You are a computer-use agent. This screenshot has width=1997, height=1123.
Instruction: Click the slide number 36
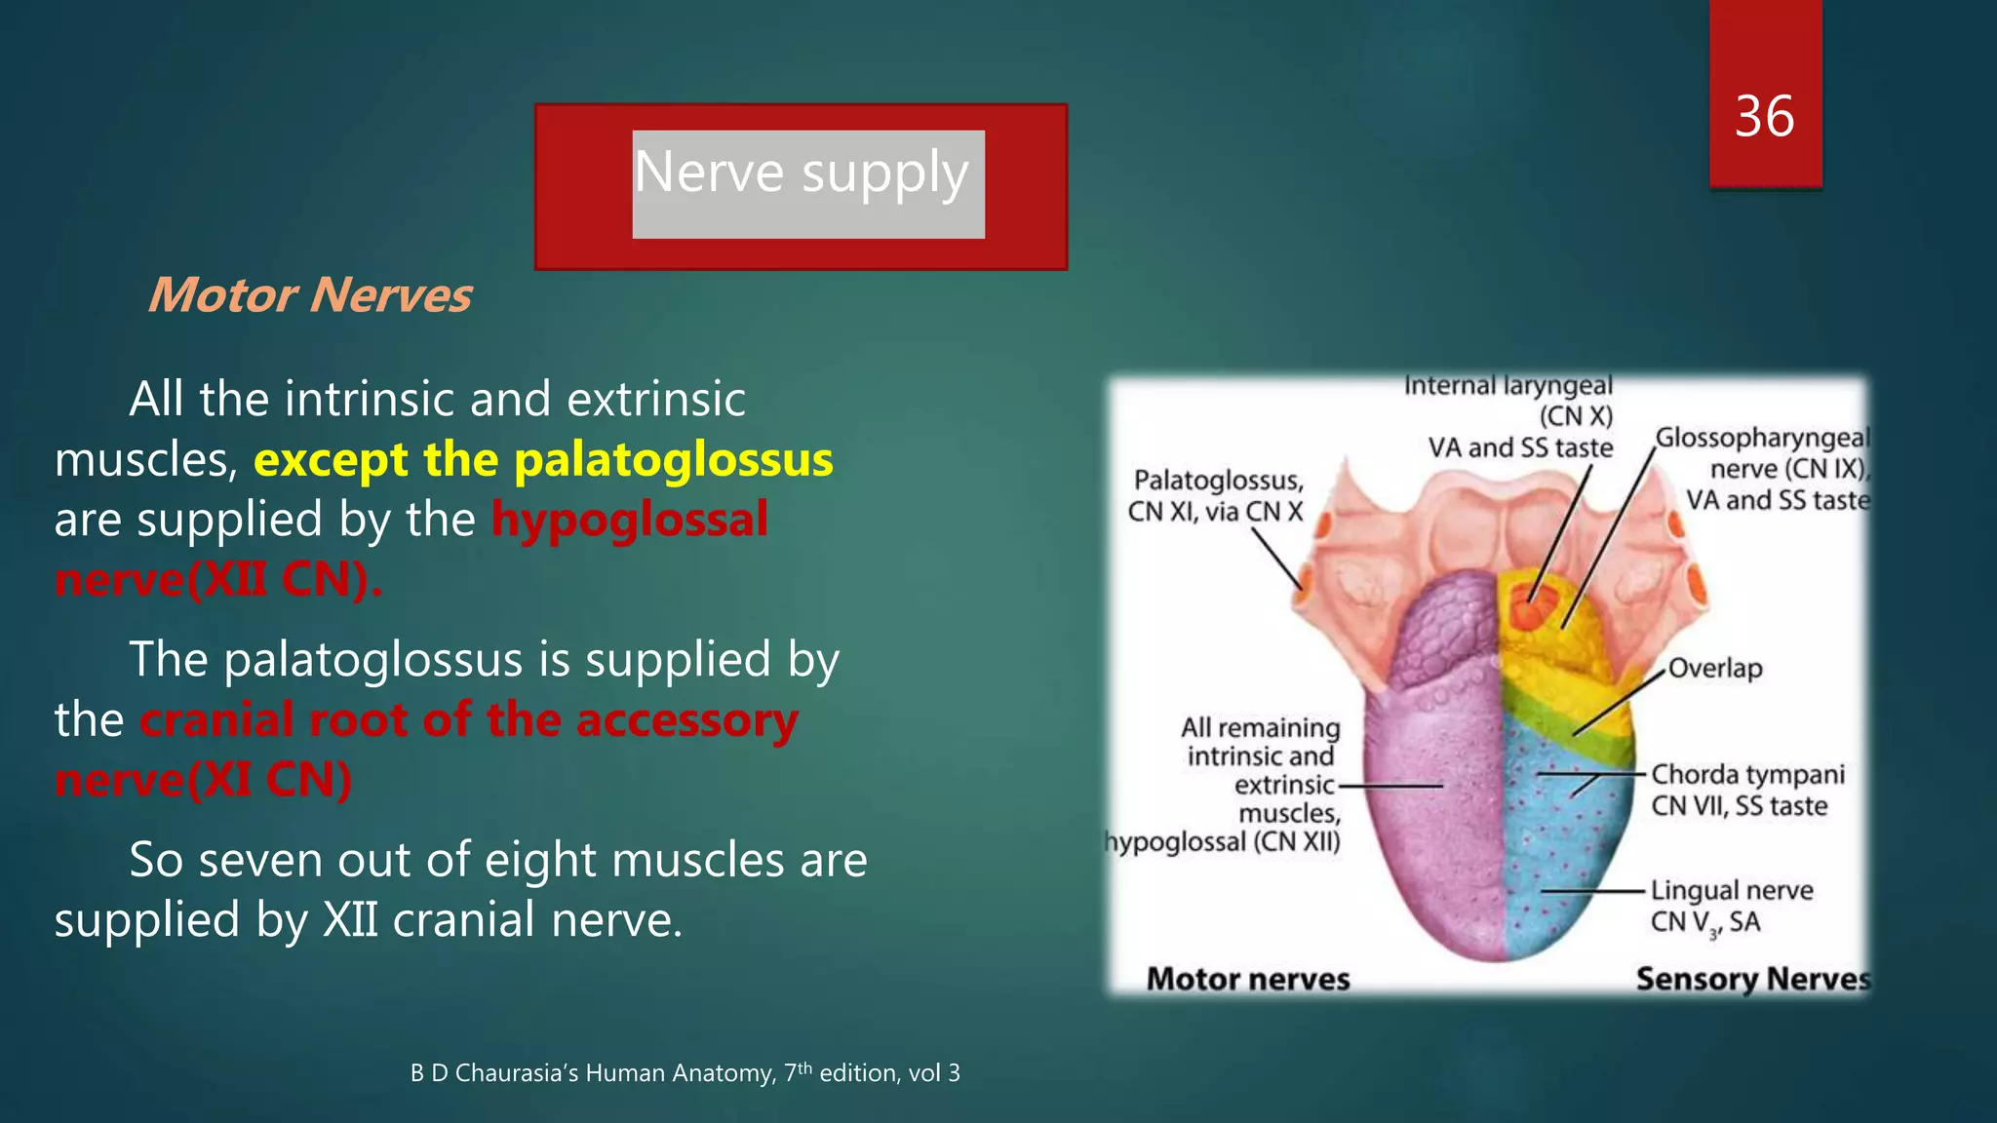click(1764, 117)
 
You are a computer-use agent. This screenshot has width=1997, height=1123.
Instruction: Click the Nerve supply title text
click(802, 174)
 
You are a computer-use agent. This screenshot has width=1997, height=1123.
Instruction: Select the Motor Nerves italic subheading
click(310, 295)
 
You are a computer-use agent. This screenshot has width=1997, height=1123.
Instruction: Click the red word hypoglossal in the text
click(630, 519)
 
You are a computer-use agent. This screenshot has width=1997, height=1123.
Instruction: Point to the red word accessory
click(686, 720)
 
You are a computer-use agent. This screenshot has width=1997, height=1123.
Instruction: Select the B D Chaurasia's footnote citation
click(685, 1073)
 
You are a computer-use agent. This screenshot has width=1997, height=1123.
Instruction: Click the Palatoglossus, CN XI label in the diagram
click(1217, 495)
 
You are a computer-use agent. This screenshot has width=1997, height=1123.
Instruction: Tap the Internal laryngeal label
click(1508, 387)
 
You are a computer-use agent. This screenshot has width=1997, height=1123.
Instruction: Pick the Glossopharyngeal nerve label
click(1763, 439)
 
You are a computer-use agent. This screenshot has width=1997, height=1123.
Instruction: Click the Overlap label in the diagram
click(1715, 669)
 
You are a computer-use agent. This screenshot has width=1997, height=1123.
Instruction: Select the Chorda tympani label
click(1746, 775)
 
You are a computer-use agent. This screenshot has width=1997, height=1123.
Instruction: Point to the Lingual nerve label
click(1731, 891)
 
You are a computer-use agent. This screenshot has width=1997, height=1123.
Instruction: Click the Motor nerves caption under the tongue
click(1247, 979)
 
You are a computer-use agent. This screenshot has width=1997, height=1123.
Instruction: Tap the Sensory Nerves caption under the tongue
click(1752, 979)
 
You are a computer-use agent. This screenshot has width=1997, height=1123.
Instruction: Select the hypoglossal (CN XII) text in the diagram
click(1225, 842)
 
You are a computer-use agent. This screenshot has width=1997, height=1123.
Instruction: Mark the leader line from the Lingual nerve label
click(1593, 892)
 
